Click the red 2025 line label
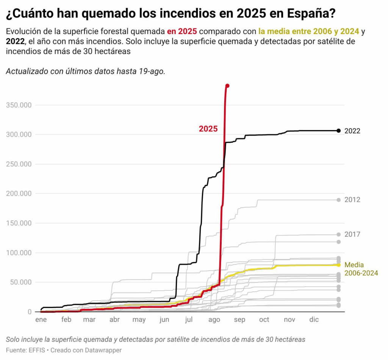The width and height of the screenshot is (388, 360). (208, 129)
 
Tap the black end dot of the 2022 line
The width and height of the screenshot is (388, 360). (339, 131)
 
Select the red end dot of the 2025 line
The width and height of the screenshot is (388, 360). (227, 86)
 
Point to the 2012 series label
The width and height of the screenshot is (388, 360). (352, 200)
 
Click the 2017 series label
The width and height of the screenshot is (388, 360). (352, 234)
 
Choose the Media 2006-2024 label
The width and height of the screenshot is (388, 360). (361, 269)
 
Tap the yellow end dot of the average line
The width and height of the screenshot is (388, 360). (339, 265)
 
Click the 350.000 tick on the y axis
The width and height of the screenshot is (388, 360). (19, 105)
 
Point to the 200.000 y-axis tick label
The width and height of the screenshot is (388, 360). (19, 194)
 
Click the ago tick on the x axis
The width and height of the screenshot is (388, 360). (214, 320)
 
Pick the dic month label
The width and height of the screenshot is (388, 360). (314, 320)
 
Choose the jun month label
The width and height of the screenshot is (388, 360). (164, 320)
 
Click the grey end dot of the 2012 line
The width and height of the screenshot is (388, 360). (339, 200)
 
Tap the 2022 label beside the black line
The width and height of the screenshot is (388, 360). (352, 131)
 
